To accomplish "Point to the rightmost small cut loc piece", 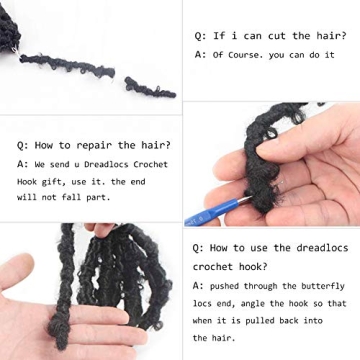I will click(x=150, y=88).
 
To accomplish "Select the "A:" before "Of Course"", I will click(x=200, y=54).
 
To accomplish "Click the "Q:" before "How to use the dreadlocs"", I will click(x=200, y=247).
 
